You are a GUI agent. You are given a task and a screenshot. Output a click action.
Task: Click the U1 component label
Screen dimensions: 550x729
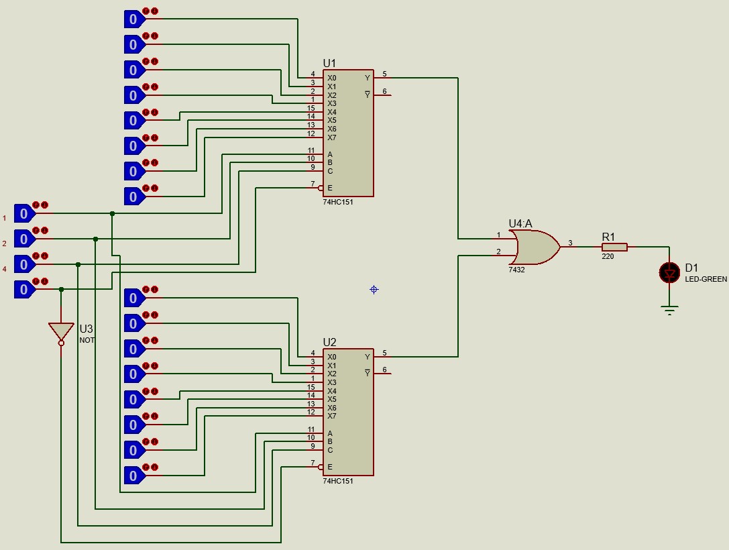click(x=329, y=63)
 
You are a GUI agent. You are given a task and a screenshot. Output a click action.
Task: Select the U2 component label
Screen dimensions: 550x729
click(x=329, y=342)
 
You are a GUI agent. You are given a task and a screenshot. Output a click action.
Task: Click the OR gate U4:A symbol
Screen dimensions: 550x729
click(x=535, y=247)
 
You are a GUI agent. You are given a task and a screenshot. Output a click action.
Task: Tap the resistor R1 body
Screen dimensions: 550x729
click(x=615, y=247)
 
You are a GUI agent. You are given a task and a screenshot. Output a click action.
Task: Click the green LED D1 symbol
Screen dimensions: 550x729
click(x=669, y=272)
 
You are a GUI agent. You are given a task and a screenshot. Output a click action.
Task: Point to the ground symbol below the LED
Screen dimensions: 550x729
click(x=669, y=310)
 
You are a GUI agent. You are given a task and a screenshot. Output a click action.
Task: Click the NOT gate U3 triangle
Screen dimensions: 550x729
click(x=61, y=331)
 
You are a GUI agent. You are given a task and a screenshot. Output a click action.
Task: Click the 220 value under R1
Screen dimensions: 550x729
click(x=608, y=256)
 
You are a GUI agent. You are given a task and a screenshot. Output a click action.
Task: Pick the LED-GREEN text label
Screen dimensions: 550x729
click(x=706, y=279)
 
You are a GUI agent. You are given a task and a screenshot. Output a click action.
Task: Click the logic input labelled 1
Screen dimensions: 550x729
click(x=23, y=213)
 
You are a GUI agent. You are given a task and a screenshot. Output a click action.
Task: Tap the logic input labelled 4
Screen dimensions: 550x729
click(x=23, y=264)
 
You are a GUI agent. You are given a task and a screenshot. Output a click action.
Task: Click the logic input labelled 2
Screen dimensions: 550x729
click(x=23, y=238)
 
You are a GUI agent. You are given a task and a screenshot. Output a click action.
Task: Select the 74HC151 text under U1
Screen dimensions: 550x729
click(x=338, y=202)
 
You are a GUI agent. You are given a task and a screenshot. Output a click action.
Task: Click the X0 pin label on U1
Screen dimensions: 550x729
click(x=332, y=78)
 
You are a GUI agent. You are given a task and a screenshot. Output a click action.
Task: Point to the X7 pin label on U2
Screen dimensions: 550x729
click(x=332, y=416)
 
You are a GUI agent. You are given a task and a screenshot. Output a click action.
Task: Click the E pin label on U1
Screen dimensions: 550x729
click(x=329, y=188)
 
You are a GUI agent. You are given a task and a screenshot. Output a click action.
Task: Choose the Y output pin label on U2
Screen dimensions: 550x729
click(x=367, y=357)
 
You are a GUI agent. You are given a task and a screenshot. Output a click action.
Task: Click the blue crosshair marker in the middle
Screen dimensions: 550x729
click(x=374, y=290)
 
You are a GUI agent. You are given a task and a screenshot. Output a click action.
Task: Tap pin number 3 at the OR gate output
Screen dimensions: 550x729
click(x=570, y=243)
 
